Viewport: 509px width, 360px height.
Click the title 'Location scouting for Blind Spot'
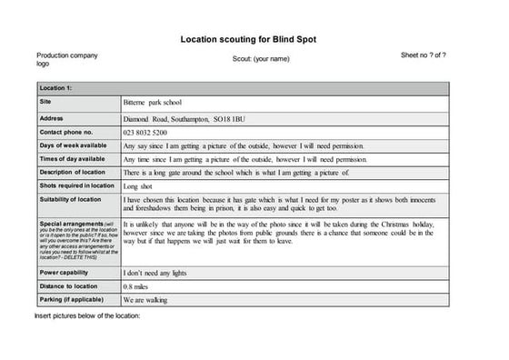pyautogui.click(x=254, y=40)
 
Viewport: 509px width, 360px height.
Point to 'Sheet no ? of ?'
pyautogui.click(x=423, y=55)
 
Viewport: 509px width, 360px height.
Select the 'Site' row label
pyautogui.click(x=45, y=102)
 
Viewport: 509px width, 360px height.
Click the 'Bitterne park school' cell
pyautogui.click(x=153, y=103)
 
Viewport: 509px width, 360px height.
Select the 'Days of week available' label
pyautogui.click(x=73, y=145)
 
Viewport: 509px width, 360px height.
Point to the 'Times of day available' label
pyautogui.click(x=73, y=158)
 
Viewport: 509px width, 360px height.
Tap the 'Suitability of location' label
pyautogui.click(x=71, y=199)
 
